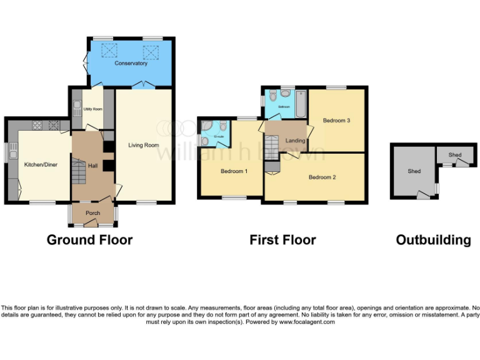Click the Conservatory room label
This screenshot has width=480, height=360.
click(x=131, y=63)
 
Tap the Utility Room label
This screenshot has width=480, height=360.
click(x=92, y=109)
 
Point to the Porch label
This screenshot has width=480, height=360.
click(x=92, y=213)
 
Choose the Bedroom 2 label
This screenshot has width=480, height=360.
click(x=322, y=177)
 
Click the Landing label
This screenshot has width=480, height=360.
click(x=295, y=141)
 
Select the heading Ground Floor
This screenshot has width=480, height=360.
click(x=89, y=240)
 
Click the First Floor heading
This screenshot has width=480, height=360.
click(x=282, y=240)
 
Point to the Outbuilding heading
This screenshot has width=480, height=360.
click(x=433, y=240)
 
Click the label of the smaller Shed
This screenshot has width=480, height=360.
click(x=454, y=155)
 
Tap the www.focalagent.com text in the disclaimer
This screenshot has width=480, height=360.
click(x=307, y=322)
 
